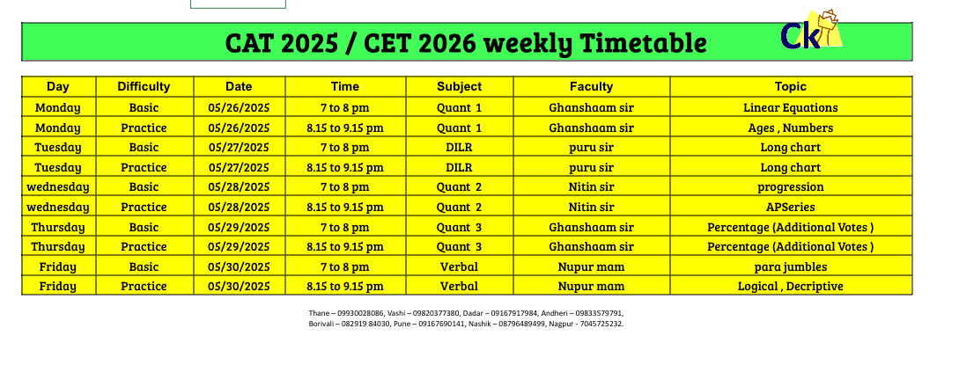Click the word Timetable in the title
[643, 43]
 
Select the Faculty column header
[592, 87]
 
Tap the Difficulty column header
[144, 87]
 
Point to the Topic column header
[791, 87]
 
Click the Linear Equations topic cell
[791, 108]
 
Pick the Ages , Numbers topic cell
[791, 128]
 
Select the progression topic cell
[791, 186]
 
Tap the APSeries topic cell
[791, 207]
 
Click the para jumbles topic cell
[791, 266]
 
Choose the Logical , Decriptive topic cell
[791, 286]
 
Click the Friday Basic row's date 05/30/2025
[239, 266]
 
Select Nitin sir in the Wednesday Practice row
[592, 207]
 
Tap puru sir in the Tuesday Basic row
[592, 148]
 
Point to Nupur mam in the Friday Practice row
[592, 286]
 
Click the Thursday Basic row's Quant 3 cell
[460, 227]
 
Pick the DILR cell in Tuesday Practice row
[460, 167]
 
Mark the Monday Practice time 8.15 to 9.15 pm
[345, 128]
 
